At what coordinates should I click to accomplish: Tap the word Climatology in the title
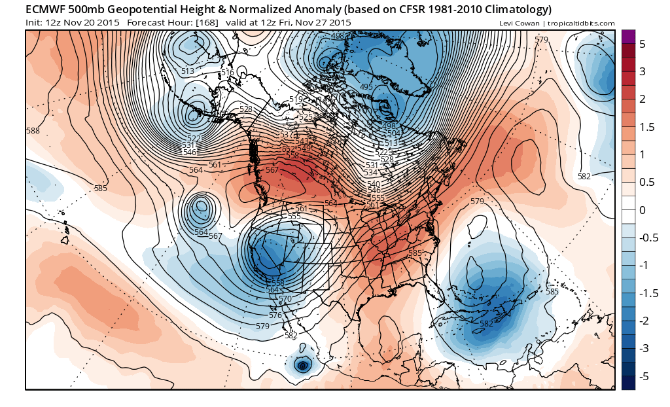pyautogui.click(x=513, y=9)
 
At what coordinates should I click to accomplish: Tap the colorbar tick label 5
pyautogui.click(x=642, y=44)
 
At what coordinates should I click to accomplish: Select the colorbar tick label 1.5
pyautogui.click(x=646, y=127)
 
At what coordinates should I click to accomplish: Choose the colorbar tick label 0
pyautogui.click(x=642, y=210)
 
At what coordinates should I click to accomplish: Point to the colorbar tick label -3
pyautogui.click(x=644, y=348)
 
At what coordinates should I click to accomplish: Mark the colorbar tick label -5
pyautogui.click(x=644, y=376)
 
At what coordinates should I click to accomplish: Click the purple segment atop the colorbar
pyautogui.click(x=628, y=37)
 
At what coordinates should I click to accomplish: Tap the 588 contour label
pyautogui.click(x=33, y=131)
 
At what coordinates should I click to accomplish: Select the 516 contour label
pyautogui.click(x=227, y=73)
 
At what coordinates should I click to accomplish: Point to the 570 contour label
pyautogui.click(x=285, y=299)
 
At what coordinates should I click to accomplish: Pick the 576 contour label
pyautogui.click(x=275, y=315)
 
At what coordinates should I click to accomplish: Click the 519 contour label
pyautogui.click(x=296, y=99)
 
